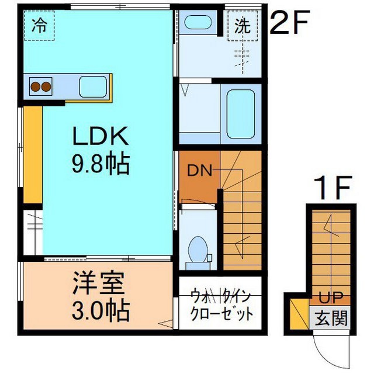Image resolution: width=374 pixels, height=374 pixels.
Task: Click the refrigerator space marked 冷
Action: click(x=39, y=25)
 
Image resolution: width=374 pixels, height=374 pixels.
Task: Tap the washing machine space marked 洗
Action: click(x=243, y=26)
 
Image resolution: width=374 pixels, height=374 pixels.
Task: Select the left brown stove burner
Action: click(x=36, y=87)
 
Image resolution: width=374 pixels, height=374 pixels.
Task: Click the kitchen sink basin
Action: click(x=93, y=86)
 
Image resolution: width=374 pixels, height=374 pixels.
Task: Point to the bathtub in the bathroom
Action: click(x=241, y=114)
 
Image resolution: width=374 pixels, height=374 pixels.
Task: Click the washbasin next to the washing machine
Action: click(x=198, y=22)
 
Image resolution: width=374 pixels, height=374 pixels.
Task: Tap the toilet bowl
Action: click(x=198, y=249)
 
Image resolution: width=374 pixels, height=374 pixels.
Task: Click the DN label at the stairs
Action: click(x=200, y=171)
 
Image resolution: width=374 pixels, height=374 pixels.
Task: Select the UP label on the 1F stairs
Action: click(x=331, y=297)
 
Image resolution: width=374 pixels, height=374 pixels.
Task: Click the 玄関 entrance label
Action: click(x=331, y=318)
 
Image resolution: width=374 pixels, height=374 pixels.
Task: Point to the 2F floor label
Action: click(x=289, y=22)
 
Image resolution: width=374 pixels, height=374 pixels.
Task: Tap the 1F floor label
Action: click(x=333, y=188)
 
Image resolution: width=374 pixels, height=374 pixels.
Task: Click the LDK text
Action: click(x=100, y=136)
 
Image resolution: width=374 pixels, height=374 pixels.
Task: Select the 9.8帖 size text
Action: click(x=101, y=164)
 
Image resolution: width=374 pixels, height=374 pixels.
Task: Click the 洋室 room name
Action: click(x=99, y=283)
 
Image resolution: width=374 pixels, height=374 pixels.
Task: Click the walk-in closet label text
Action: click(x=221, y=304)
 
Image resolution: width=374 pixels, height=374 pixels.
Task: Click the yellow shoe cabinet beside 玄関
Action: click(x=299, y=314)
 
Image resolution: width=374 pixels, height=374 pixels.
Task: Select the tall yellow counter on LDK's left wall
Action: click(x=33, y=154)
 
